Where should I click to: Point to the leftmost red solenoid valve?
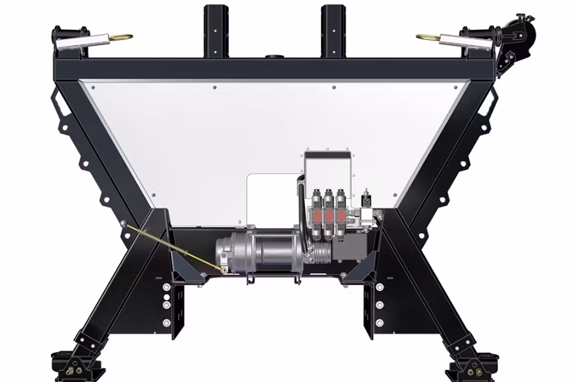tap(316, 213)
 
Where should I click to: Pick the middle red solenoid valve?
tap(329, 213)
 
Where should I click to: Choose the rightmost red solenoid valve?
tap(342, 213)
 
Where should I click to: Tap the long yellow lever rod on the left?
tap(175, 248)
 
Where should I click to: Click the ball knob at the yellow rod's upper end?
tap(128, 225)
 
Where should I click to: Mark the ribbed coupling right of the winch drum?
tap(317, 251)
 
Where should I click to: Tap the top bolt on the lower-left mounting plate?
tap(166, 287)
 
